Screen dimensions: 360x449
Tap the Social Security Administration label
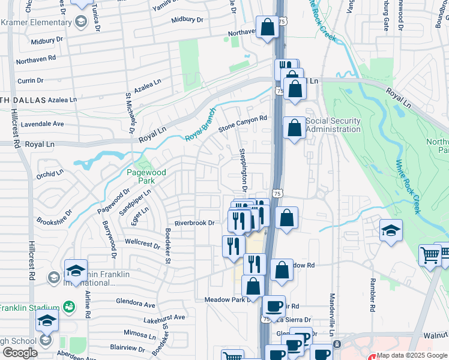(333, 125)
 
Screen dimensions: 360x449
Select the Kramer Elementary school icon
(80, 23)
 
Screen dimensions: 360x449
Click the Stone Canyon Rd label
(242, 124)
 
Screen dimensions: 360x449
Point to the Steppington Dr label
(244, 170)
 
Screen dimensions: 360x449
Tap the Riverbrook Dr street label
(194, 223)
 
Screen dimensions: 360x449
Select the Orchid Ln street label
(49, 175)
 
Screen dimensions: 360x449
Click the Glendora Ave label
(137, 304)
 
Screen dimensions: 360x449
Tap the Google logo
(20, 353)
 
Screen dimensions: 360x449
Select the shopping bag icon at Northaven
(267, 27)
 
